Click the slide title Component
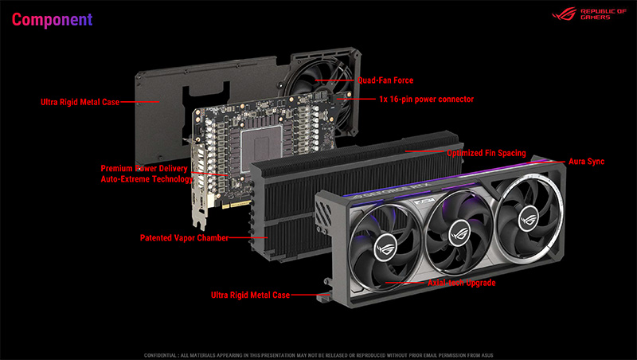pyautogui.click(x=52, y=18)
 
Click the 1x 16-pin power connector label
pyautogui.click(x=426, y=100)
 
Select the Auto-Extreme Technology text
pyautogui.click(x=146, y=180)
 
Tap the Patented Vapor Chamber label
pyautogui.click(x=184, y=237)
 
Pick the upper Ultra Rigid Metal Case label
pyautogui.click(x=80, y=102)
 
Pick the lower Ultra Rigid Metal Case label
pyautogui.click(x=250, y=295)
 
